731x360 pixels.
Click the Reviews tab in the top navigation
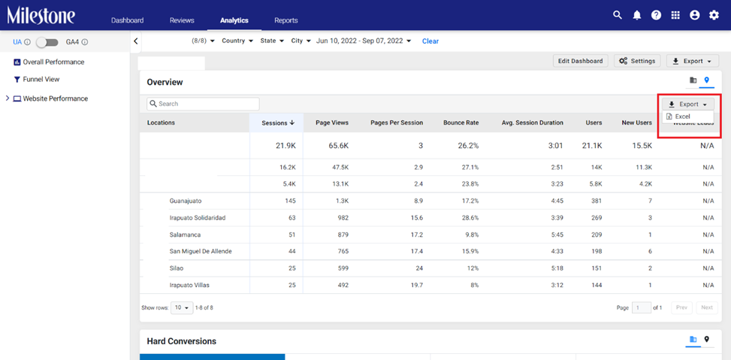click(182, 20)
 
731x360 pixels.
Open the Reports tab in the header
click(285, 20)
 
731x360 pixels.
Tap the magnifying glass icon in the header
click(618, 15)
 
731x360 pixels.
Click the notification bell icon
click(637, 15)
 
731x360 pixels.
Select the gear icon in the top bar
click(714, 15)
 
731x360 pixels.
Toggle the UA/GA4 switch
click(47, 42)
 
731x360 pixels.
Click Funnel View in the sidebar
click(41, 79)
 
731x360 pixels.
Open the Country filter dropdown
click(237, 41)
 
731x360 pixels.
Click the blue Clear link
click(430, 41)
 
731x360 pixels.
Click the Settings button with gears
click(637, 61)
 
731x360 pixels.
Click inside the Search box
click(204, 104)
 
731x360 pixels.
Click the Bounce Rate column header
click(461, 123)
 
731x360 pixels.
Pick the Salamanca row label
click(185, 234)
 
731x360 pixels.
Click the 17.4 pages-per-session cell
click(417, 251)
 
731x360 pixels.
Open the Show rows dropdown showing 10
click(182, 308)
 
